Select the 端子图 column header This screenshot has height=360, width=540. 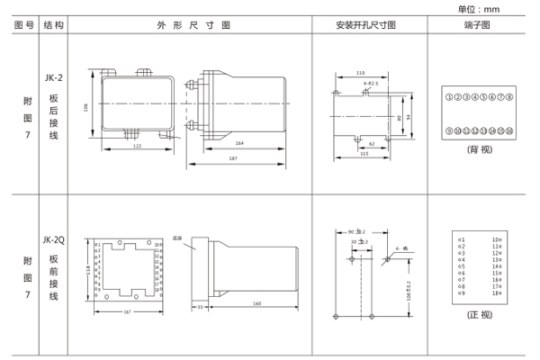[x=477, y=25]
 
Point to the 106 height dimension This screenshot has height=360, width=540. [x=87, y=106]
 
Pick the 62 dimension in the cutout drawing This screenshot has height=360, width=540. [x=371, y=143]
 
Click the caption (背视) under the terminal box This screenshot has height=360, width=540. [x=478, y=150]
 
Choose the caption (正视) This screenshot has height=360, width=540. [x=478, y=314]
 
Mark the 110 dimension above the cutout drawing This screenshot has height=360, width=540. [x=360, y=73]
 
